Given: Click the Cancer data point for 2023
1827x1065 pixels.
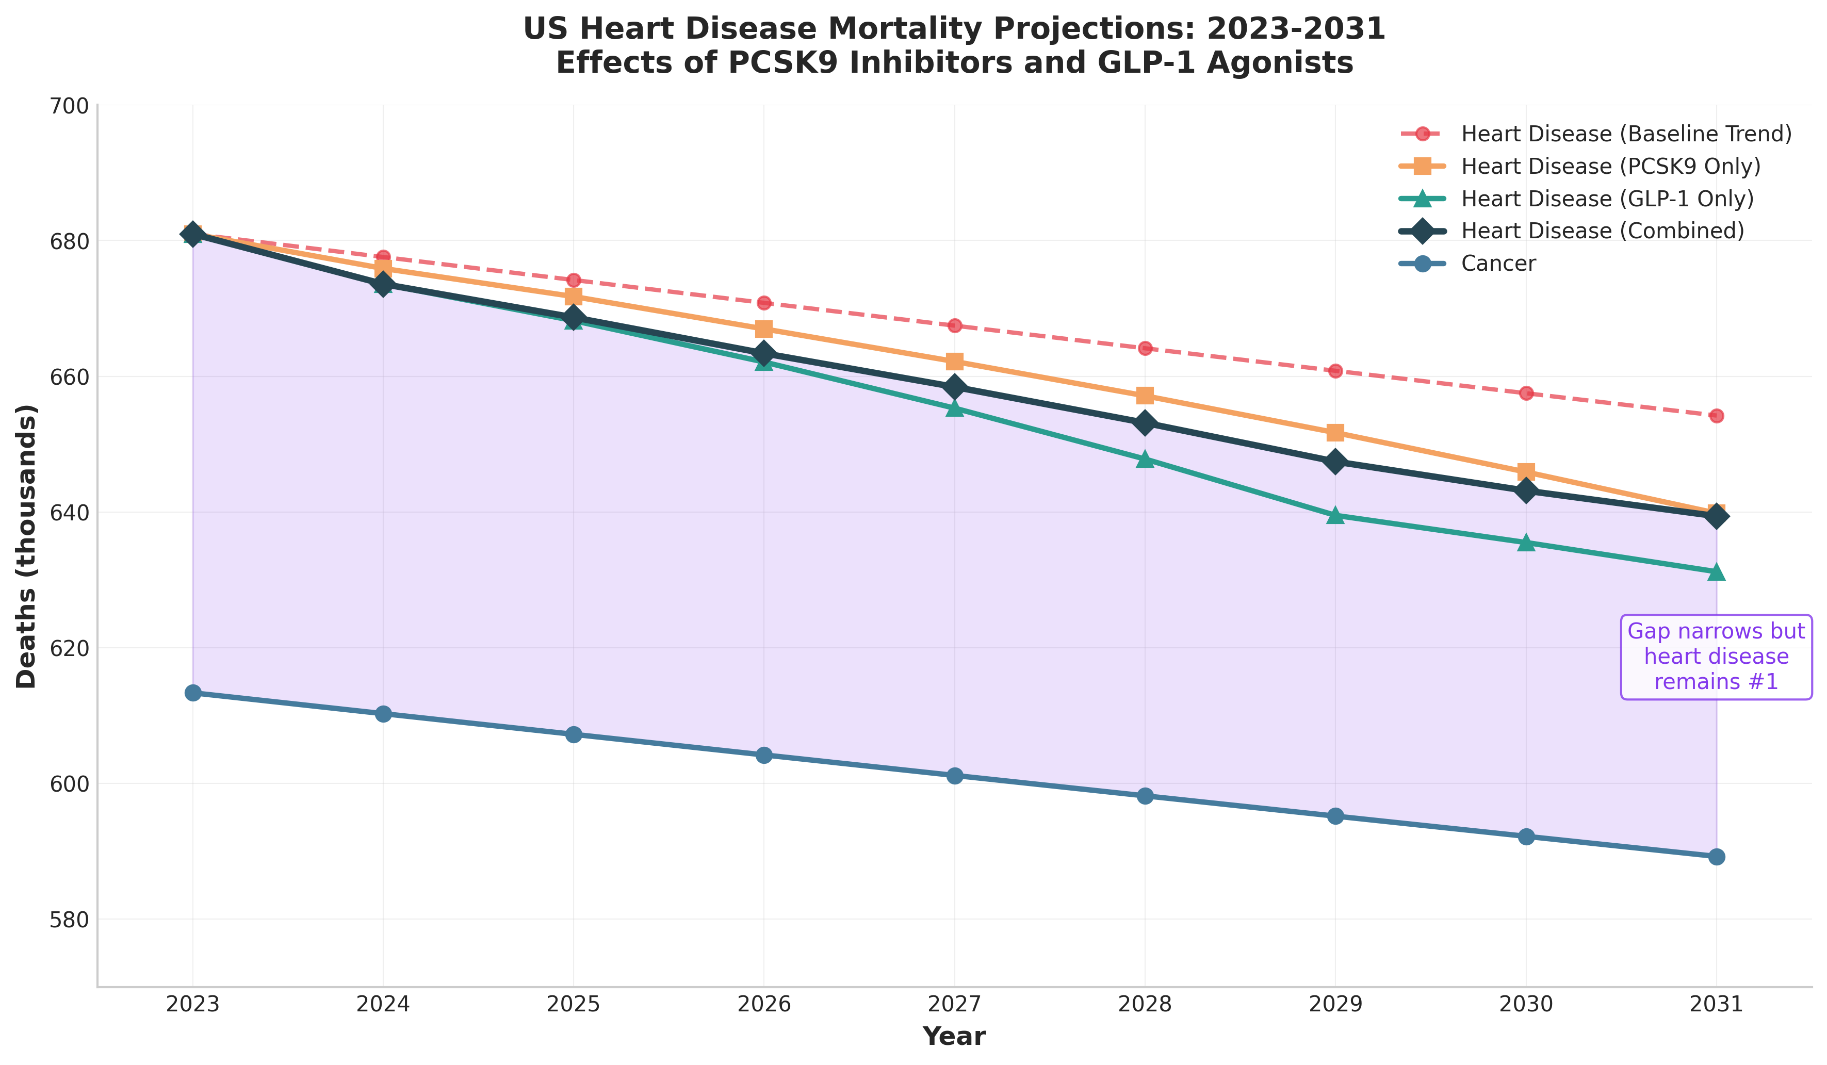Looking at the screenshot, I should (193, 693).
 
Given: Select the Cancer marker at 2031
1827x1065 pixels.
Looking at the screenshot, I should (1716, 857).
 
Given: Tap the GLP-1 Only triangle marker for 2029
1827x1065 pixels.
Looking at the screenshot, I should (1335, 515).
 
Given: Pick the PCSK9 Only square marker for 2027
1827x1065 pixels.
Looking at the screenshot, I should (955, 362).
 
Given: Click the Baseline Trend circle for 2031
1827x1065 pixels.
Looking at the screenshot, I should (1716, 415).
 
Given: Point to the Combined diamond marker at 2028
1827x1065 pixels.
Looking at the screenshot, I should (1145, 423).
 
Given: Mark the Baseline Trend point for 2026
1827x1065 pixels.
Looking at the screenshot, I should (764, 302).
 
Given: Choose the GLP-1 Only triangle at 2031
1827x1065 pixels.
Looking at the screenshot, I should (1716, 572).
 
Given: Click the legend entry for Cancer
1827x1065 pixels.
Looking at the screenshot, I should (1498, 263).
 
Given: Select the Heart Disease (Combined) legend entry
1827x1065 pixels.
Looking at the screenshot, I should (1602, 231).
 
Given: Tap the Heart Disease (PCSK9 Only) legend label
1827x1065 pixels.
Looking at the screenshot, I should (1611, 166).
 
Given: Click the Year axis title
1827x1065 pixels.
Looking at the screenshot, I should (954, 1037).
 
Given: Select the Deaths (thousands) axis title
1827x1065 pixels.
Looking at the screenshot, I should (27, 546).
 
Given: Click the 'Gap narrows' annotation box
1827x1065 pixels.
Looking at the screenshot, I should (1716, 657).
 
